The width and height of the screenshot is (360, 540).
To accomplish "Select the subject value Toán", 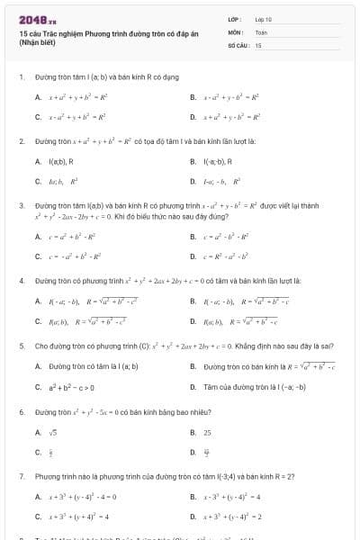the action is pyautogui.click(x=261, y=31).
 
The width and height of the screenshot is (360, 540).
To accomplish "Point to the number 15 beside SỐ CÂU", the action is pyautogui.click(x=258, y=44).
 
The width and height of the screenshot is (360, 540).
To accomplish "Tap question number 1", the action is pyautogui.click(x=21, y=77).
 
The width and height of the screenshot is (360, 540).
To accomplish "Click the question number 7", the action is pyautogui.click(x=21, y=475).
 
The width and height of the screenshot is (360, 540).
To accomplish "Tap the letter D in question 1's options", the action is pyautogui.click(x=193, y=117).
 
